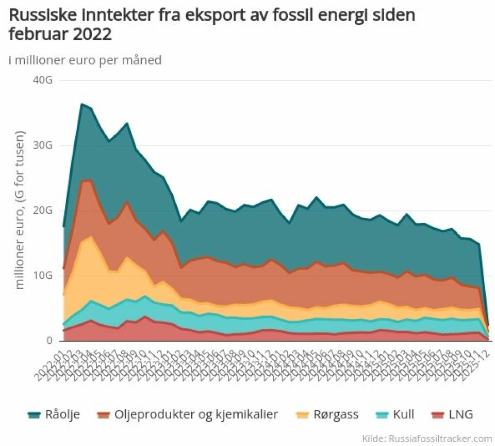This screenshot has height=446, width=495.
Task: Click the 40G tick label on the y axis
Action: click(x=42, y=81)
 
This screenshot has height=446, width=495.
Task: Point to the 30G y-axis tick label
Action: click(x=42, y=146)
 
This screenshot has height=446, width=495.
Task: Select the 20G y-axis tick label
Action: click(x=42, y=211)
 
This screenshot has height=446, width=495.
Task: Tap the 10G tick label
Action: click(x=42, y=276)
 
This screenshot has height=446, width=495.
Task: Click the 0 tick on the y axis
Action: click(x=49, y=341)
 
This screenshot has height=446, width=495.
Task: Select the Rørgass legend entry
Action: click(x=335, y=415)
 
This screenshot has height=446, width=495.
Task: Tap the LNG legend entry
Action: click(x=460, y=415)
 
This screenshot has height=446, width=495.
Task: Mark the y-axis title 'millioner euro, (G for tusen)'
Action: click(x=21, y=210)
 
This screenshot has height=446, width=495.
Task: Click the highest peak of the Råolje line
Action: click(x=81, y=104)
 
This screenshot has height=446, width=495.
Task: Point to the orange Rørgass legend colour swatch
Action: click(x=302, y=415)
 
